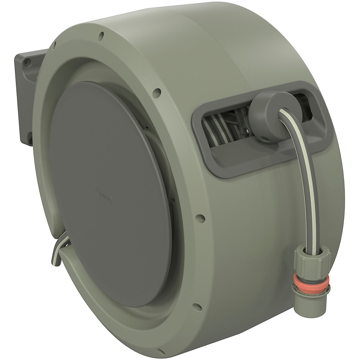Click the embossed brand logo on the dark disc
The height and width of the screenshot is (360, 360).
(x=104, y=197)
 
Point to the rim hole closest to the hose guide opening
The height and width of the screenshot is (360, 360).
(x=157, y=93)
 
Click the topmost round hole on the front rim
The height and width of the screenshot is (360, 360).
(x=101, y=35)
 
